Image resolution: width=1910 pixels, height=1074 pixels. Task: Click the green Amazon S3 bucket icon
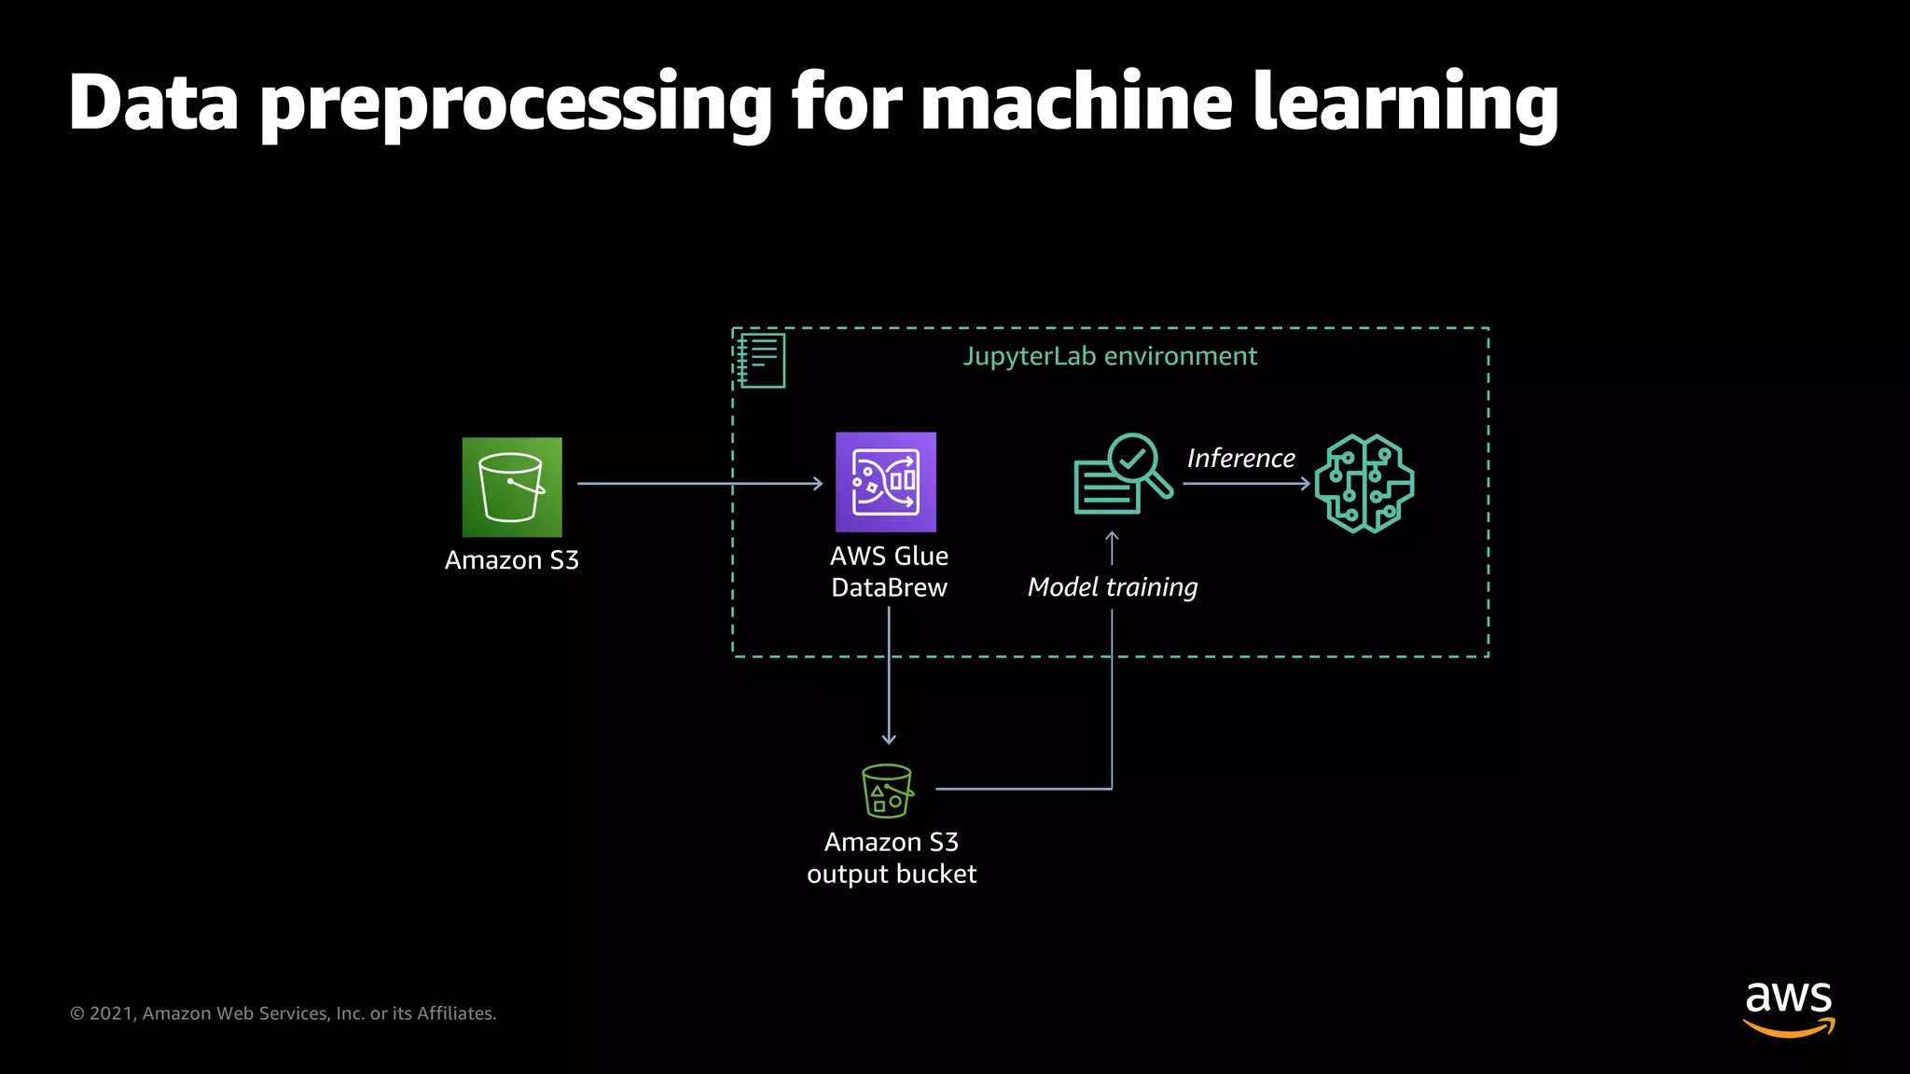(512, 487)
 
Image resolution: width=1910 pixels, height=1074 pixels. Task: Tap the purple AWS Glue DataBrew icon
(885, 482)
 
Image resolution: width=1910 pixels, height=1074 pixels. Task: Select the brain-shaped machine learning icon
(1364, 484)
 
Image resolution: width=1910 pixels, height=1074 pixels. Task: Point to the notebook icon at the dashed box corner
(761, 360)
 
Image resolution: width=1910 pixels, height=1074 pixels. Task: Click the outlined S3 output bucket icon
(887, 791)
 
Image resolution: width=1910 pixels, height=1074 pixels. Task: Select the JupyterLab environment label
(1110, 356)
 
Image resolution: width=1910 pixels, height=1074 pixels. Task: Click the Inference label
(1240, 458)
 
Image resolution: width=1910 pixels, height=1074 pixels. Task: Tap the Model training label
(1112, 586)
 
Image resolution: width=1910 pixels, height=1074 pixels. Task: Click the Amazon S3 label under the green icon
(512, 559)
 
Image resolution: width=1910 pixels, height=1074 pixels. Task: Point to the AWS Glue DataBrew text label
(889, 571)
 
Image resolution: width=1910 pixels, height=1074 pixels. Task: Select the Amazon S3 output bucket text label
(891, 858)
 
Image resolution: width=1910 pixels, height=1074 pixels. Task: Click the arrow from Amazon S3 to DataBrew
(699, 483)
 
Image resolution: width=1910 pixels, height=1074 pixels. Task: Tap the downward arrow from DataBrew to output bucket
(889, 681)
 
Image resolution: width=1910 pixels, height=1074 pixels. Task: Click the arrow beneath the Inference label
(1246, 483)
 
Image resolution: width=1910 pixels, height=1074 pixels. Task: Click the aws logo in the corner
(1788, 1008)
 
